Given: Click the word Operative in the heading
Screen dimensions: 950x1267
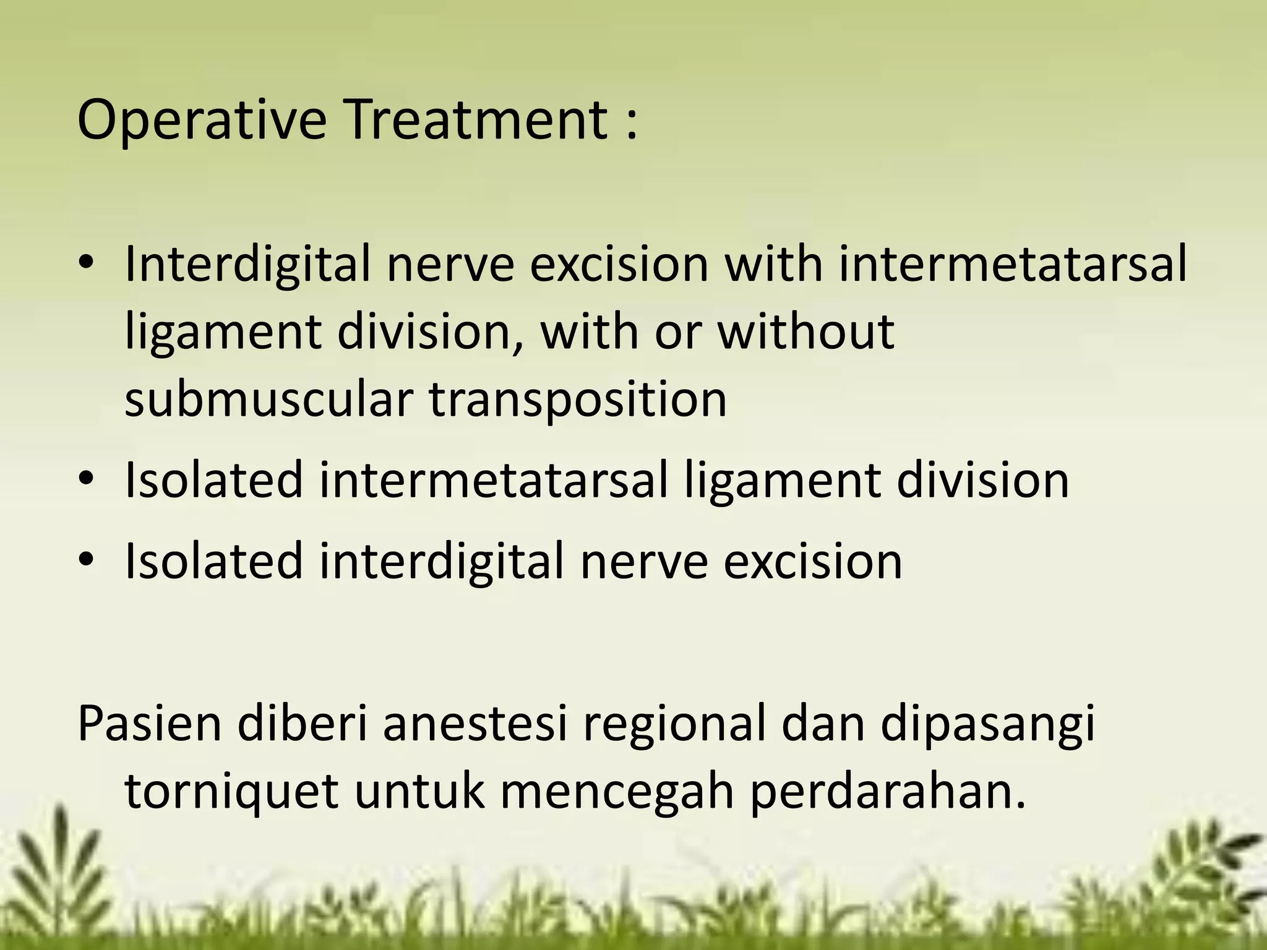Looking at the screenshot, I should [x=202, y=121].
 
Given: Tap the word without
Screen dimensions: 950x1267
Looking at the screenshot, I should [x=805, y=332].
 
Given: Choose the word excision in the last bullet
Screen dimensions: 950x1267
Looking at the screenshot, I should [x=812, y=560].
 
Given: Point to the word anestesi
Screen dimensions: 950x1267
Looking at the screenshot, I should [x=475, y=722].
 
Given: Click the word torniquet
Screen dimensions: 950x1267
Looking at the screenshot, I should [x=231, y=792].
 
